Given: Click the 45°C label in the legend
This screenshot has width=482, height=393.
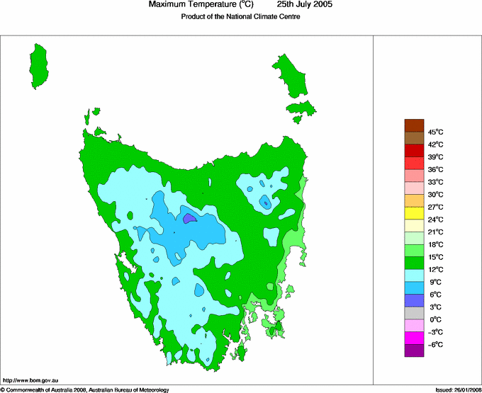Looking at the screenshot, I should (435, 132).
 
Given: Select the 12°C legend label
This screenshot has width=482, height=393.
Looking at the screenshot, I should (435, 270).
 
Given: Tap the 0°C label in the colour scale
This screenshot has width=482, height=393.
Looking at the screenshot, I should (435, 320).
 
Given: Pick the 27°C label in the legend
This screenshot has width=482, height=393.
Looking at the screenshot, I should (435, 207).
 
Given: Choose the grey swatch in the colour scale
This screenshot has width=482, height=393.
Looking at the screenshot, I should (414, 313).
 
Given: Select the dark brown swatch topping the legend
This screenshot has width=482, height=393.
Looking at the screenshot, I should (414, 125).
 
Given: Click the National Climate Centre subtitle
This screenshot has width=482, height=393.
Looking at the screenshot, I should (241, 18).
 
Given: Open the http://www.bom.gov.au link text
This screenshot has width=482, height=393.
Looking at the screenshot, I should (28, 381).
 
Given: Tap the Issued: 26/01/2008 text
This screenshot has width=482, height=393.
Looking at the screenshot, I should (454, 389).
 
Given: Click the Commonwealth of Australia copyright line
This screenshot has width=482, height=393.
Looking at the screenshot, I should (85, 389).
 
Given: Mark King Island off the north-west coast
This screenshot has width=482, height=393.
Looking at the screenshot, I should (41, 65).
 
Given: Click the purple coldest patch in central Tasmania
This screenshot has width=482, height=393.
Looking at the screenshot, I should (189, 219).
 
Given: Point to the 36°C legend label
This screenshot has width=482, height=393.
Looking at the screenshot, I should (435, 169).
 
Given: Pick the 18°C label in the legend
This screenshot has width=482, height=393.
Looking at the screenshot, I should (435, 244).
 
